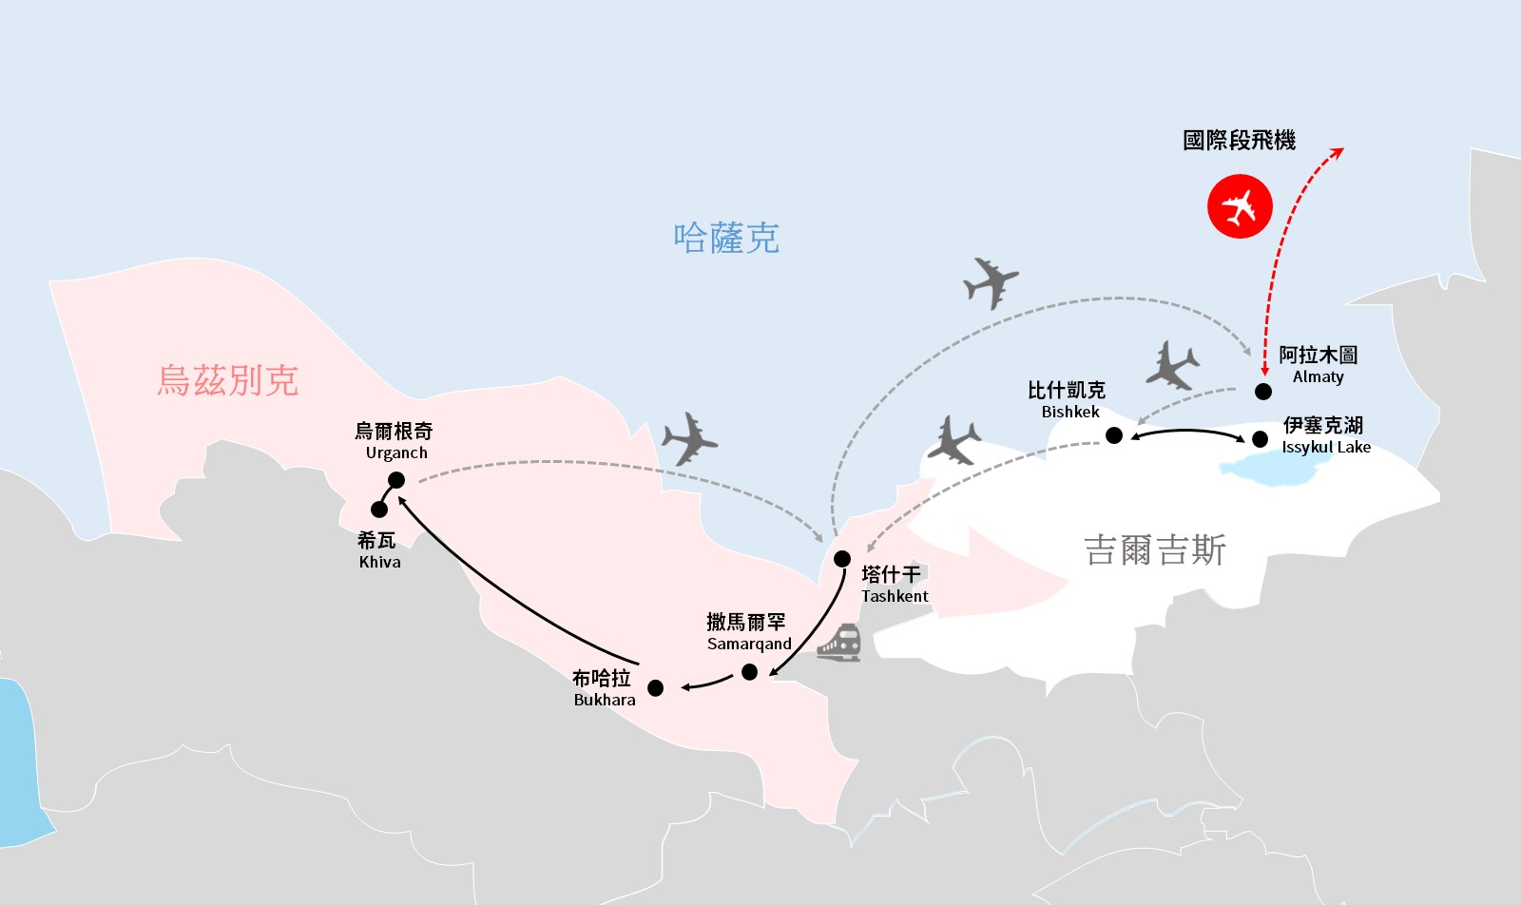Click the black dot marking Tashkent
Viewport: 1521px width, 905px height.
[x=842, y=558]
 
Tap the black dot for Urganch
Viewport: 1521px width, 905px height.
[x=396, y=480]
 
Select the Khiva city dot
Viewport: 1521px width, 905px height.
[x=379, y=510]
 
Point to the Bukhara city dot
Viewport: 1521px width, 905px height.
[x=655, y=687]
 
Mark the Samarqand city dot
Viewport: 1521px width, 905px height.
[x=749, y=672]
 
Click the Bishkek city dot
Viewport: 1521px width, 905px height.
[x=1114, y=435]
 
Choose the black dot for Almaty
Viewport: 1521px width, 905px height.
[x=1263, y=392]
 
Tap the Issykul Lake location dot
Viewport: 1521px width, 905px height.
[x=1260, y=439]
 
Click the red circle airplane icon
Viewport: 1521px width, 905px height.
[x=1240, y=206]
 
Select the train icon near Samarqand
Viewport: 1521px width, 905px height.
[x=838, y=643]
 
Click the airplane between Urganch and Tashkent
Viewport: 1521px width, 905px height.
[x=690, y=438]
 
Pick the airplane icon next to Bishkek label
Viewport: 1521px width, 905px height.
[x=1172, y=365]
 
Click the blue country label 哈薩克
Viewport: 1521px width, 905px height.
[x=726, y=238]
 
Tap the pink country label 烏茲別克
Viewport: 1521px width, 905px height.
[x=228, y=380]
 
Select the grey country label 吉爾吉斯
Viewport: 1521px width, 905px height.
[x=1155, y=550]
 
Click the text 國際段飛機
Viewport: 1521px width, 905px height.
[x=1239, y=141]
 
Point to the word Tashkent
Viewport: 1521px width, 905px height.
[x=895, y=596]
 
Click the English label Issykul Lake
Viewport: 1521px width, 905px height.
[x=1326, y=447]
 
